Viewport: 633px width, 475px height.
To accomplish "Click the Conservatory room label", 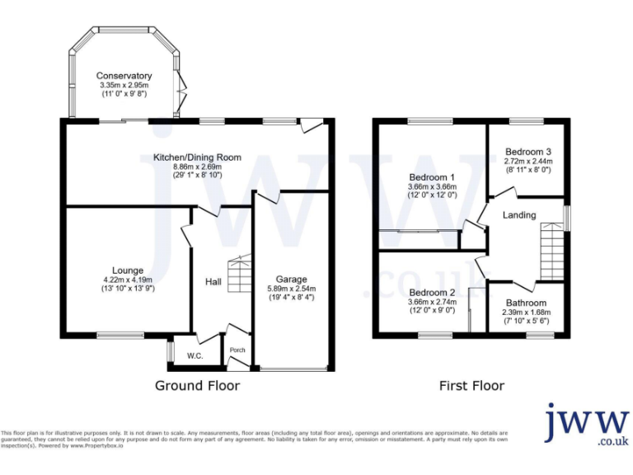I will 124,76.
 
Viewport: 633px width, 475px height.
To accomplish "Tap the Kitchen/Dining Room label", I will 197,158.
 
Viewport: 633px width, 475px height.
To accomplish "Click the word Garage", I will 291,279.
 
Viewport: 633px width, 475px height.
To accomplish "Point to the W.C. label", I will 195,356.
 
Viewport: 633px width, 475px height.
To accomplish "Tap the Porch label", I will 237,350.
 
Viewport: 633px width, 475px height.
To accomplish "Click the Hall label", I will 213,282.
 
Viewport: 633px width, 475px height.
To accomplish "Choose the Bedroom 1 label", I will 432,177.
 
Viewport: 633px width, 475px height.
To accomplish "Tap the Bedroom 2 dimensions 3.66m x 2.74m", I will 432,303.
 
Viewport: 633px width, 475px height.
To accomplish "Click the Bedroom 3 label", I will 528,152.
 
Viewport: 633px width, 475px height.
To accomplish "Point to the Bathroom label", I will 525,303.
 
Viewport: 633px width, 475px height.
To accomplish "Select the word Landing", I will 520,215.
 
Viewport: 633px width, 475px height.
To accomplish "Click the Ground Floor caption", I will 197,385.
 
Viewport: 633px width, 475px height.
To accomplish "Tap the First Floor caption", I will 471,385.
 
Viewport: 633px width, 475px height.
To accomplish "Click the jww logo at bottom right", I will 586,426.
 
